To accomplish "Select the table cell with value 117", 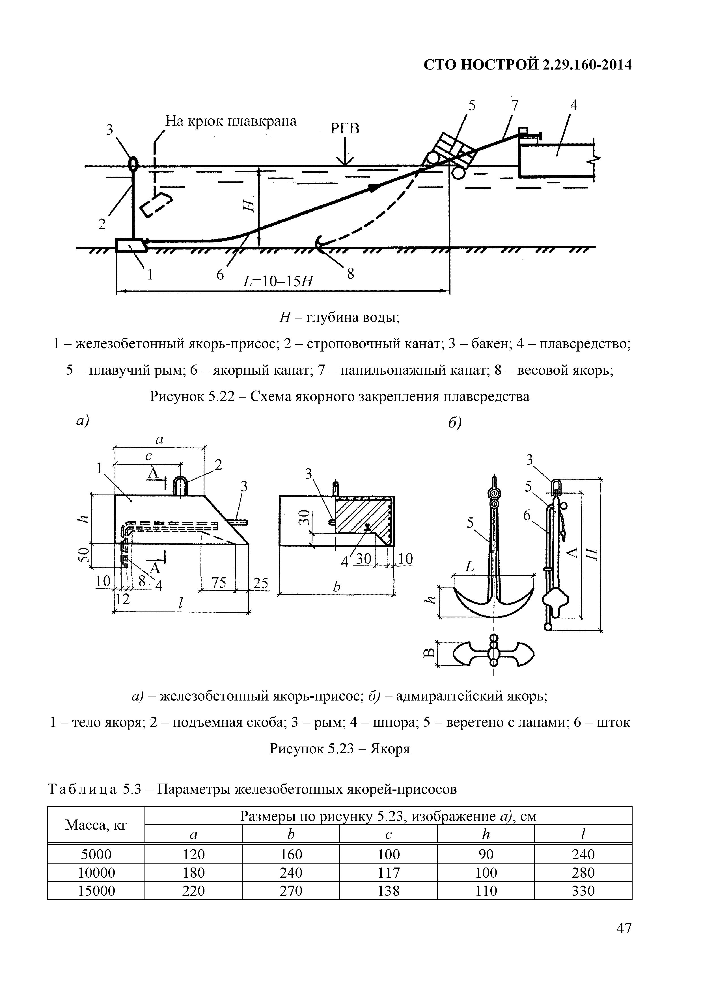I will pos(388,873).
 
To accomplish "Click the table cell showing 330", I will pos(583,890).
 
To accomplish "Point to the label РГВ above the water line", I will pos(345,128).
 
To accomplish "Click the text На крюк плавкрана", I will pos(231,121).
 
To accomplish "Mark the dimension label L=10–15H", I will pos(278,281).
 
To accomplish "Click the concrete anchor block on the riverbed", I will pos(130,244).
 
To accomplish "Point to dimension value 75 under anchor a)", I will pos(219,583).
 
